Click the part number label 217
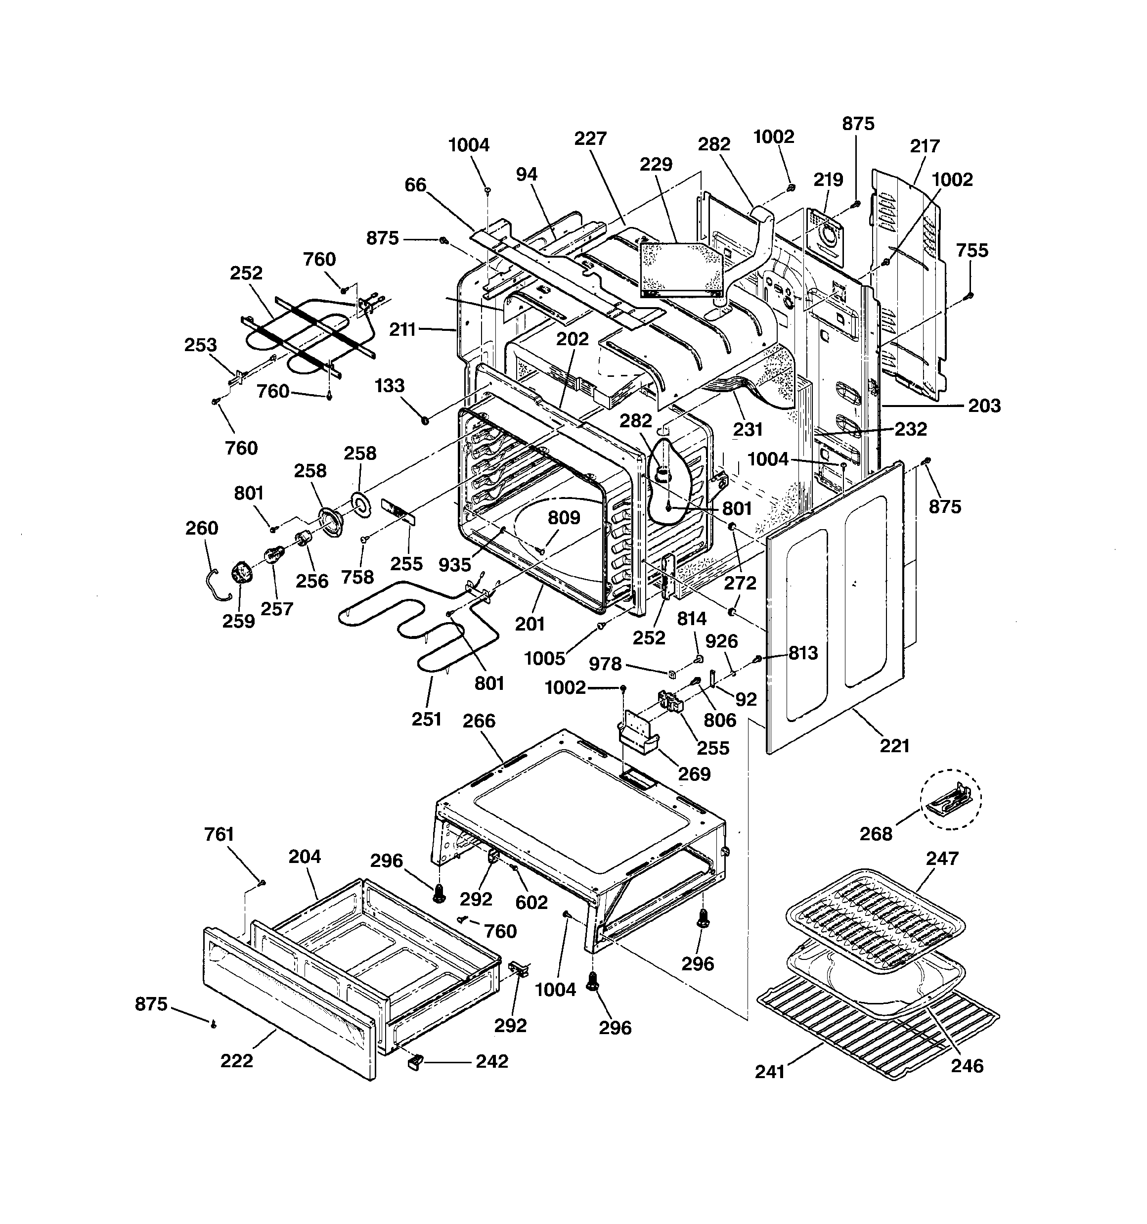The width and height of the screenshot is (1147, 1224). coord(924,146)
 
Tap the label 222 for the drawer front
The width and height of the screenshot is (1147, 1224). coord(236,1061)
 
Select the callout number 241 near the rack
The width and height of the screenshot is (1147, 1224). coord(770,1072)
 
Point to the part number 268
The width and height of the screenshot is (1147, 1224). coord(876,834)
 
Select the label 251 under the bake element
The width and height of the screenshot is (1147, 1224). coord(427,719)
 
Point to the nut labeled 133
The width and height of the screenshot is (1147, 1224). coord(424,420)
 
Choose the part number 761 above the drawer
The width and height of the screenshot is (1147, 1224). coord(219,834)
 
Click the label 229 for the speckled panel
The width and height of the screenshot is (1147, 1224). coord(656,164)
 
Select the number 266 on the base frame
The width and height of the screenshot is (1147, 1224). coord(479,721)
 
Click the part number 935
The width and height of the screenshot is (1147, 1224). coord(455,564)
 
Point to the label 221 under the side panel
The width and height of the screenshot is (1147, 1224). coord(894,746)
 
